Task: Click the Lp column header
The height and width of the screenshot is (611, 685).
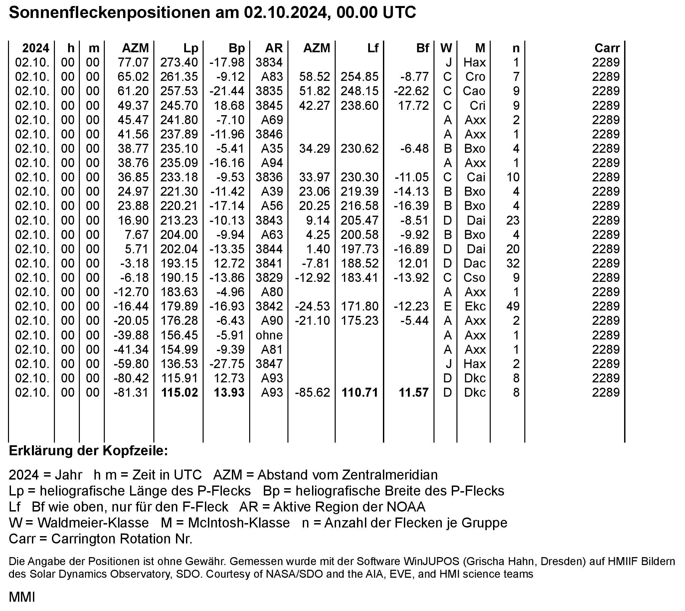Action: click(191, 48)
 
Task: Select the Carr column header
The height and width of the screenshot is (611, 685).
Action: click(607, 48)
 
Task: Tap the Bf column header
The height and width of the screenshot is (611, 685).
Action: click(423, 48)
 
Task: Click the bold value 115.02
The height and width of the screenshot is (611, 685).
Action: click(180, 392)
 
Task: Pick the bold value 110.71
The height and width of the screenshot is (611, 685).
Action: click(360, 392)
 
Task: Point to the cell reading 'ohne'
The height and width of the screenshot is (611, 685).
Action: click(269, 335)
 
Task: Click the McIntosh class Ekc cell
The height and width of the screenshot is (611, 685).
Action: click(475, 306)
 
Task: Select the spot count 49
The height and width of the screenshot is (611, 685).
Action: click(513, 306)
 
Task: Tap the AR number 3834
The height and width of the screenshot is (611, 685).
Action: click(269, 62)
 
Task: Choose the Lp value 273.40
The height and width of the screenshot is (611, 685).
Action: click(179, 62)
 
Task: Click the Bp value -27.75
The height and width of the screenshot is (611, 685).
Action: click(227, 364)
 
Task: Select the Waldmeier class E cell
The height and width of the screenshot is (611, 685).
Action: click(447, 306)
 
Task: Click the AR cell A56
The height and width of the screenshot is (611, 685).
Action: click(272, 205)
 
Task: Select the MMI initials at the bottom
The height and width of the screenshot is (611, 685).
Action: click(22, 597)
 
